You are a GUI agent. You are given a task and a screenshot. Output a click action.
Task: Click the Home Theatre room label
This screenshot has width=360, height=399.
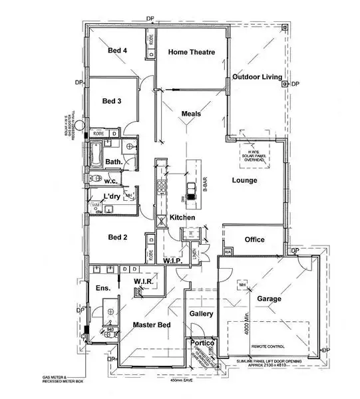pos(191,52)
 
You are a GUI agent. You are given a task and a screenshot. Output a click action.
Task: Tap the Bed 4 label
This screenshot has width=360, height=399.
pos(118,51)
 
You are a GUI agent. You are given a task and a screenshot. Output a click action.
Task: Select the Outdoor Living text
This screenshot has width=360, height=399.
pos(256,78)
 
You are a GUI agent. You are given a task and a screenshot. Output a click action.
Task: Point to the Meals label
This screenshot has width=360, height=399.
pos(191,114)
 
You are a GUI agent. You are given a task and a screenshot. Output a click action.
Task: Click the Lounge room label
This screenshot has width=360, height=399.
pos(244,180)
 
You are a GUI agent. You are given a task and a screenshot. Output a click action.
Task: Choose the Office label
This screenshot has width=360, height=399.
pos(254,239)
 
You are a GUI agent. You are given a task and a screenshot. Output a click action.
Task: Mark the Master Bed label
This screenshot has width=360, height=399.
pos(152,325)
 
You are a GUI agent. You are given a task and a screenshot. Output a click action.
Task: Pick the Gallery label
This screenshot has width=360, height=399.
pos(200,313)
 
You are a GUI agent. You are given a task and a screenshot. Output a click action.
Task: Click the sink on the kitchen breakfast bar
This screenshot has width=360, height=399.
pos(191,191)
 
